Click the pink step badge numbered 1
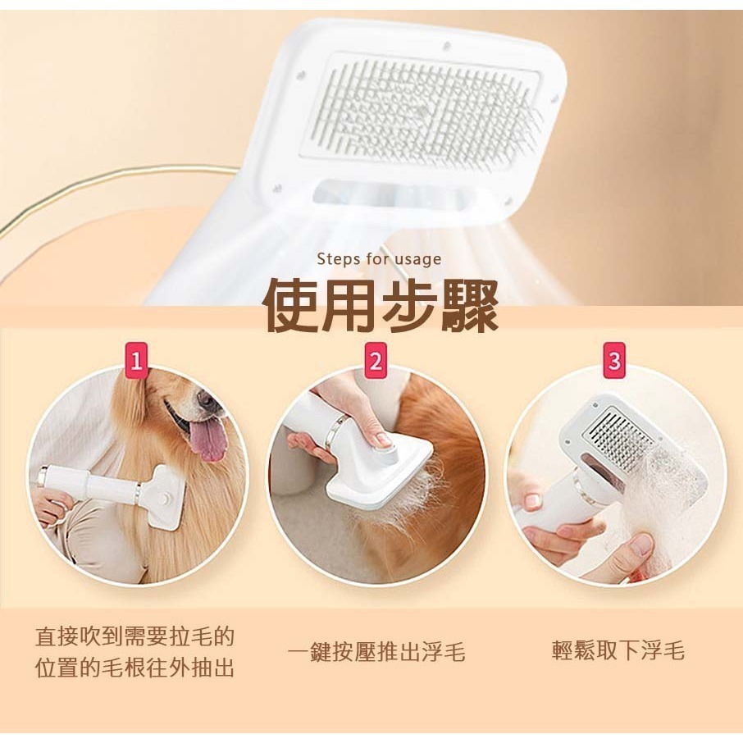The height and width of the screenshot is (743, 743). tap(136, 360)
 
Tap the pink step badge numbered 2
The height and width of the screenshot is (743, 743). tap(376, 360)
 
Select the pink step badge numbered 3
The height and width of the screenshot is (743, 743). tap(613, 360)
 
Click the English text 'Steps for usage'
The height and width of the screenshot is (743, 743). tap(379, 259)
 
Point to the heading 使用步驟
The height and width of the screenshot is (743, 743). tap(380, 307)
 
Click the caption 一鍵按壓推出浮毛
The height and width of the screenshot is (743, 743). tap(376, 653)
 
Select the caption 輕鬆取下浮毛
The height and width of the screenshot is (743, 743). tap(618, 652)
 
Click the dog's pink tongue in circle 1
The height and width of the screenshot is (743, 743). tap(208, 440)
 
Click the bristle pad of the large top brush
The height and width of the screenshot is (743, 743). tap(422, 111)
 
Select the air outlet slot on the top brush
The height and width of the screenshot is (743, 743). tap(398, 194)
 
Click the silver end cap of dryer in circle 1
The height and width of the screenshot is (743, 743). tap(41, 476)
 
